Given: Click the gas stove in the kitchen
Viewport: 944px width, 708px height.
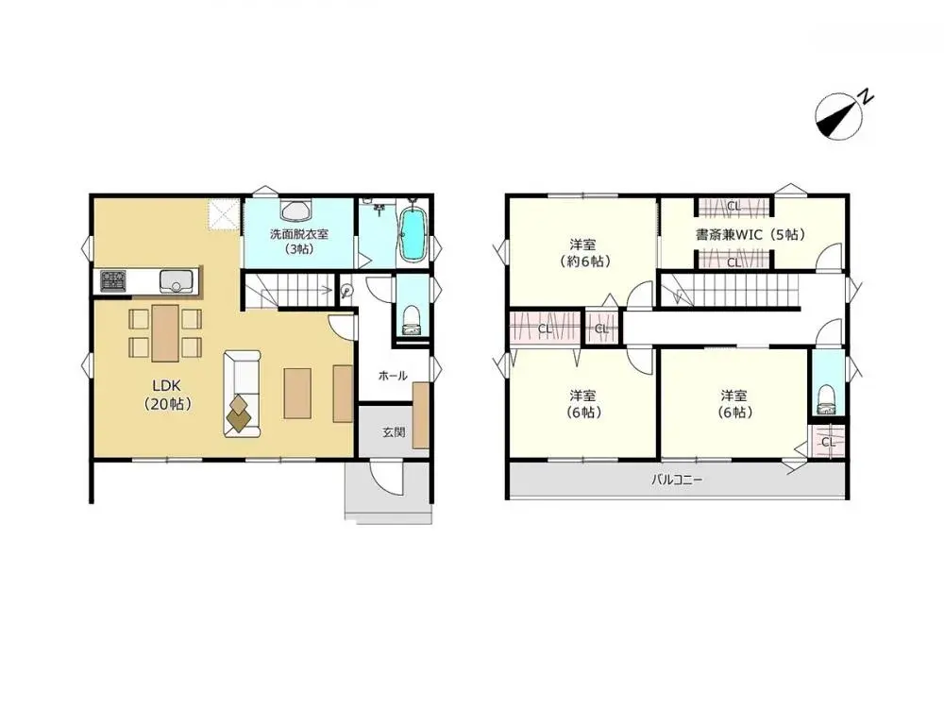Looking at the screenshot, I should [113, 281].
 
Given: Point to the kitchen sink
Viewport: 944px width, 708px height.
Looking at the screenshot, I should [176, 281].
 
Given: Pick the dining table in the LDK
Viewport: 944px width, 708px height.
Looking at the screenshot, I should [165, 332].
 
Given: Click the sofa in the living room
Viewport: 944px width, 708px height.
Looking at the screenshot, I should [241, 393].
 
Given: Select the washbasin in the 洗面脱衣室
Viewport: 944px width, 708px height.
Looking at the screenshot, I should [296, 210].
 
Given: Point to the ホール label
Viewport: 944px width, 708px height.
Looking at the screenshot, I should [392, 376].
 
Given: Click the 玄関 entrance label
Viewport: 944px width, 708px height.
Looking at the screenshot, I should [394, 432].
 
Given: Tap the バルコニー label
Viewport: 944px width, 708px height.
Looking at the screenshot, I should [677, 480].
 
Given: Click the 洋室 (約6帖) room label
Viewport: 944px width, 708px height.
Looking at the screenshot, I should [582, 251].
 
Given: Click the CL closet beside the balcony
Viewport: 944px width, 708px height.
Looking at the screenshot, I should [827, 441].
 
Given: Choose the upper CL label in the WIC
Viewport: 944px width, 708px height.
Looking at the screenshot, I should [733, 206].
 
